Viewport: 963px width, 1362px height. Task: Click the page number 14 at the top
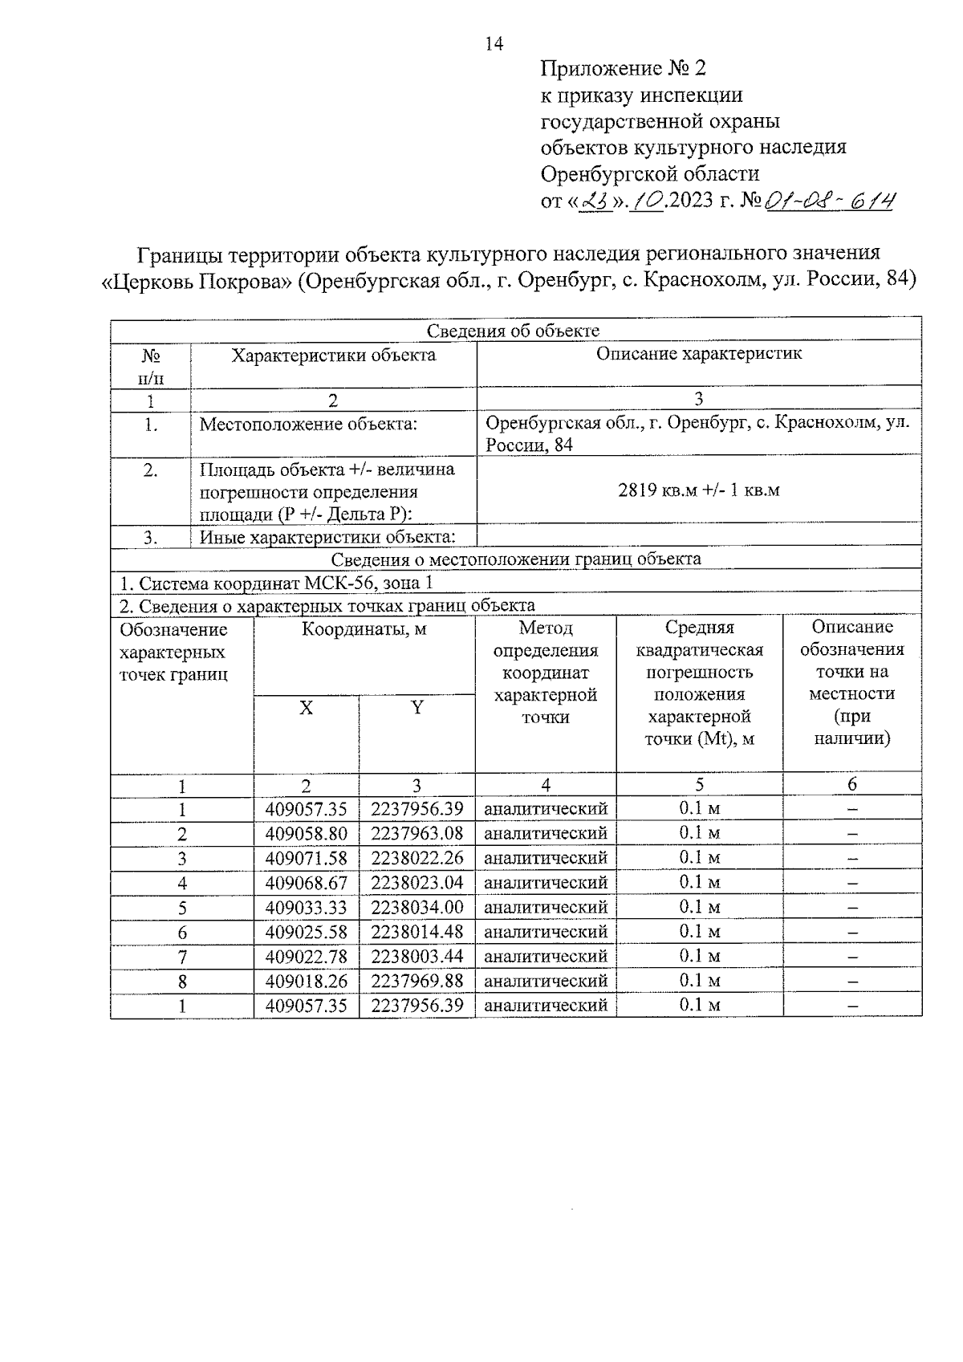point(494,44)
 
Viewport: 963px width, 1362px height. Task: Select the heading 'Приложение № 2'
point(623,68)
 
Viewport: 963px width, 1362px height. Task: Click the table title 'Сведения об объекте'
point(514,331)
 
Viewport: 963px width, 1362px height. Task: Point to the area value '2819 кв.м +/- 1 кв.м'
point(698,490)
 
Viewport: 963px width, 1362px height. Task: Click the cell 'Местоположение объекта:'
point(308,424)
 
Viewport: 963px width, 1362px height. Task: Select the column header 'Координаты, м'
point(364,629)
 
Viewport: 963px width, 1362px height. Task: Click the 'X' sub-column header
point(306,708)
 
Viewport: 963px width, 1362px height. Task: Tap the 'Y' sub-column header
point(416,708)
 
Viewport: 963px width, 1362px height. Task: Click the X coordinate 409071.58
point(306,858)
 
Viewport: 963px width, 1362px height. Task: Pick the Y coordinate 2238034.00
point(416,907)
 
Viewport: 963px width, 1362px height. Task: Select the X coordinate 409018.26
point(306,981)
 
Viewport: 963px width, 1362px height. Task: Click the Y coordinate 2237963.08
point(416,833)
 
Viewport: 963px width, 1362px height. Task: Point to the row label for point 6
point(182,932)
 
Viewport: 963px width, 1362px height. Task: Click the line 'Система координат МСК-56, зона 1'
point(276,583)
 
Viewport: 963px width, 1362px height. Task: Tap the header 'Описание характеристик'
point(698,354)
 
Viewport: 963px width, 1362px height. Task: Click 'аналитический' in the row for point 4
point(546,883)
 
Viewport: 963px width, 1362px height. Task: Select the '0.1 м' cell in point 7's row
point(699,956)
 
